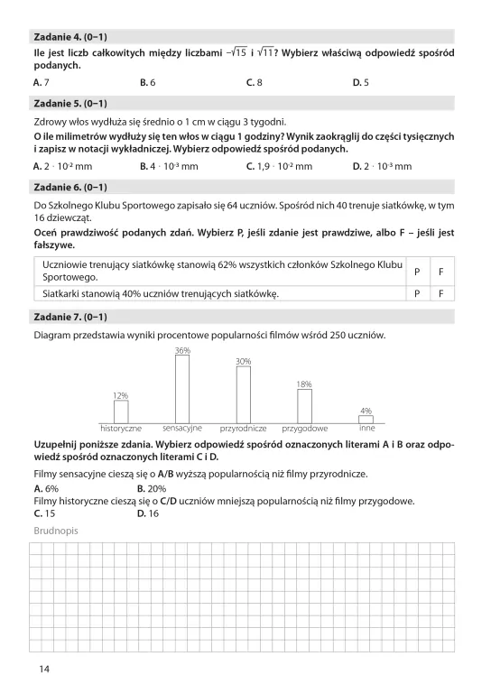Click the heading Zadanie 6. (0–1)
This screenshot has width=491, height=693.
[x=69, y=188]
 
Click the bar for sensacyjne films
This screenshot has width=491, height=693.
[x=182, y=388]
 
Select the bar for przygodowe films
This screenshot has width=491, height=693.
[x=304, y=405]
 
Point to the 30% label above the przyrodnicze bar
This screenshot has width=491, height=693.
[x=243, y=361]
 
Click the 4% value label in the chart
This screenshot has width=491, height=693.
[x=366, y=411]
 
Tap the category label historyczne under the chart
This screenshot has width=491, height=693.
[x=121, y=428]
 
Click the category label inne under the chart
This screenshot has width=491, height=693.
[x=366, y=428]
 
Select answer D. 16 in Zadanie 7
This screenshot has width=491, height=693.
[x=147, y=513]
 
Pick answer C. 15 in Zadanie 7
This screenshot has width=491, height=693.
[x=43, y=513]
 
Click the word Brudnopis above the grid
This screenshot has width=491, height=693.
[x=56, y=531]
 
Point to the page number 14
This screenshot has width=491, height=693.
[x=44, y=669]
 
